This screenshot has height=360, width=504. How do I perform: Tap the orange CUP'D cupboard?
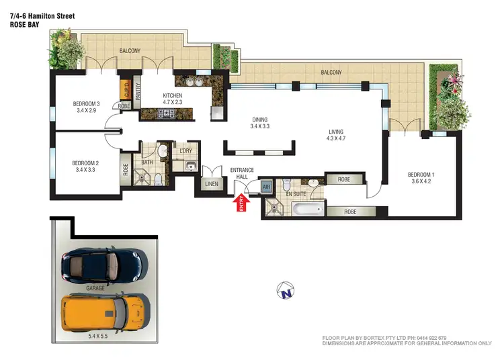(x=125, y=89)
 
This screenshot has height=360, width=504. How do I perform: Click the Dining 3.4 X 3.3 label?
(x=259, y=122)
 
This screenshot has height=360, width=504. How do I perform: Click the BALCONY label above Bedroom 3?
(x=130, y=51)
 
